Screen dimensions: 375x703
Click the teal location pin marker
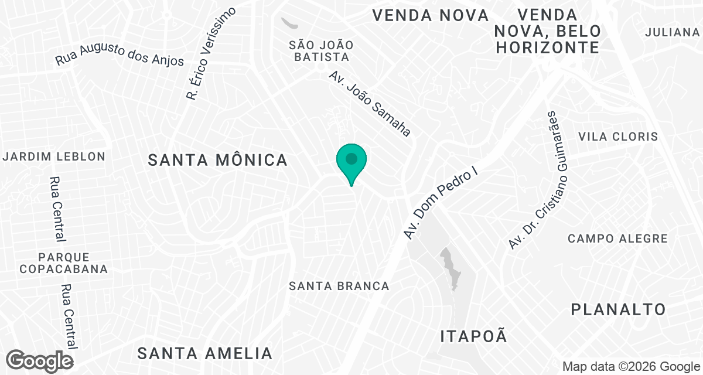point(351,161)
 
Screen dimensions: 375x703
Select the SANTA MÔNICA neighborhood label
point(217,160)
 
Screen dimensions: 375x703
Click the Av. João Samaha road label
point(370,104)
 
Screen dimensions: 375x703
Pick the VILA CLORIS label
point(618,137)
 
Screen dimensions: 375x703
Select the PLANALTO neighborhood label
point(619,309)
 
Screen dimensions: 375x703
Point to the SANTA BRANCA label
point(339,286)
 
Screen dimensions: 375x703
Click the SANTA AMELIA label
point(205,353)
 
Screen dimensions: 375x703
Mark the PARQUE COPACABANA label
point(63,263)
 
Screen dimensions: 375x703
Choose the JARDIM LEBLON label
point(54,156)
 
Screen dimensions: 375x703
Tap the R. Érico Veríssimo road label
point(210,53)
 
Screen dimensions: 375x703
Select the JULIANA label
point(672,32)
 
